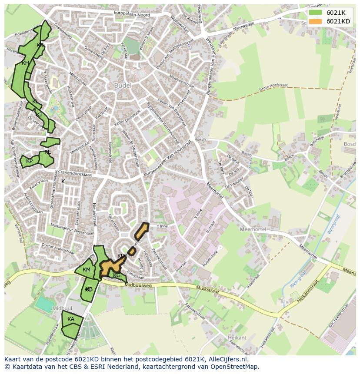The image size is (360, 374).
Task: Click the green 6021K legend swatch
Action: click(316, 13)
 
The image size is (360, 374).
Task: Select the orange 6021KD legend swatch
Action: click(316, 21)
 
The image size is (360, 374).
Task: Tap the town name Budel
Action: click(123, 86)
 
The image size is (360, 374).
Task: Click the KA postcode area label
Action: click(71, 319)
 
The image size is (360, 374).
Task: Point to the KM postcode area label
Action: click(87, 270)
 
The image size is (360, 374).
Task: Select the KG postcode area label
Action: click(117, 275)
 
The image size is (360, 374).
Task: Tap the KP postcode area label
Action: click(29, 161)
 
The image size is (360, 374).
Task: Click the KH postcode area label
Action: click(25, 63)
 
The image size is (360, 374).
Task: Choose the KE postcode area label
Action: click(47, 152)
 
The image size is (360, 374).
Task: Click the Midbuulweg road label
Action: click(138, 285)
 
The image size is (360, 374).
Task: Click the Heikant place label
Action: click(237, 338)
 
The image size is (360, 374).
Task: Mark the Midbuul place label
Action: click(59, 308)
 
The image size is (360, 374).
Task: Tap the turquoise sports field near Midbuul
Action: click(45, 304)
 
